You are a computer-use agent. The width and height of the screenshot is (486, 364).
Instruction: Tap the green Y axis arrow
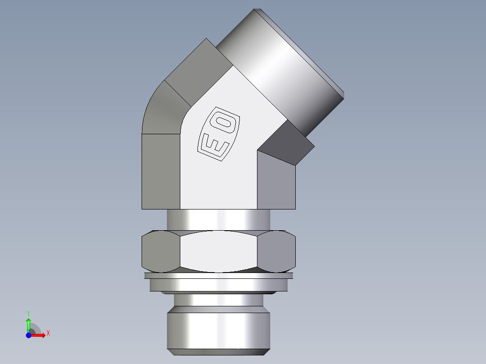28,323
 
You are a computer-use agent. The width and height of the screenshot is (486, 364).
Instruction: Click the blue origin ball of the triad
29,335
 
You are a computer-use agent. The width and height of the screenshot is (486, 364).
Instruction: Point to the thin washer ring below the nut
219,284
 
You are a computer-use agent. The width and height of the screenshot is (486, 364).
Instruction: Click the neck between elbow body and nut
219,220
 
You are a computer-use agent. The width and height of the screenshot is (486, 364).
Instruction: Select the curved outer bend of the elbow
160,110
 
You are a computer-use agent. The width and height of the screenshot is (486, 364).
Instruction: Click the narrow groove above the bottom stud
219,299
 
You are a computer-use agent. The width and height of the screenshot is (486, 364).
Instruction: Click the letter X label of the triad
48,333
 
